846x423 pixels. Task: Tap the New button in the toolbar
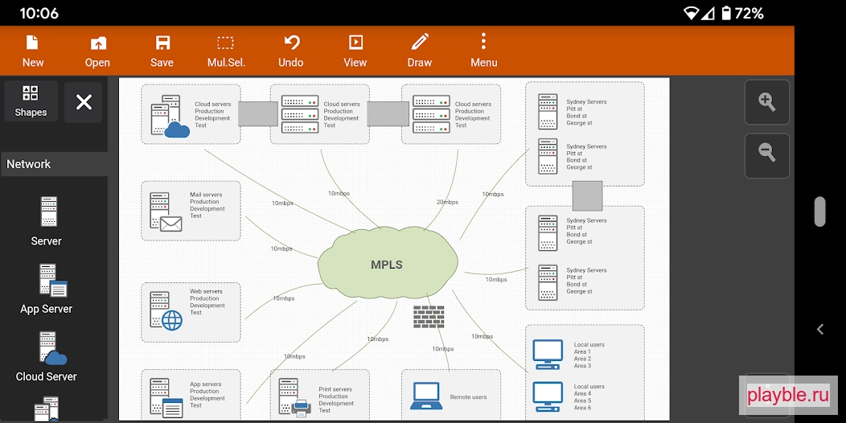click(x=33, y=51)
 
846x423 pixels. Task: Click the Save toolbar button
click(x=162, y=51)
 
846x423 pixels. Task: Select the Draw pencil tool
click(x=420, y=51)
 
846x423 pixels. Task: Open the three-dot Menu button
click(x=483, y=51)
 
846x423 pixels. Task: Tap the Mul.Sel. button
click(x=226, y=51)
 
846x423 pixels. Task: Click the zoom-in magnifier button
click(x=766, y=102)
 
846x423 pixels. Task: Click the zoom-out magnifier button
click(x=766, y=155)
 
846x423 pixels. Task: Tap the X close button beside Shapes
click(x=84, y=102)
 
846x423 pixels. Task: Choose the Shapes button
click(x=31, y=101)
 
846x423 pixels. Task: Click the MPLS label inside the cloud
click(x=387, y=265)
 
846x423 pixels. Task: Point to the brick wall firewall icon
click(x=429, y=317)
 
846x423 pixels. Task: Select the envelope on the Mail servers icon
click(x=171, y=224)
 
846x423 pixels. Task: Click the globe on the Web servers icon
click(x=172, y=321)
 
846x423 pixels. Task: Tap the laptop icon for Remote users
click(x=426, y=396)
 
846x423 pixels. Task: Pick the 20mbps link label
click(x=447, y=203)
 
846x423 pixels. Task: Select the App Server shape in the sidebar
click(x=47, y=289)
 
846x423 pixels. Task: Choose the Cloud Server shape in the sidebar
click(x=47, y=356)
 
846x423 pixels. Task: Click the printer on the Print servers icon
click(x=301, y=408)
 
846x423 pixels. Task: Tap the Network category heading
click(x=29, y=164)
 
